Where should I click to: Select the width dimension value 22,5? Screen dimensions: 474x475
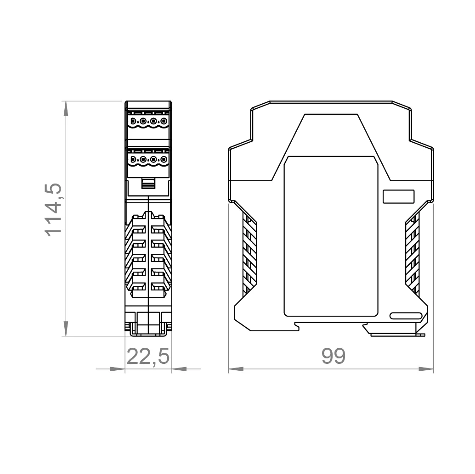[148, 357]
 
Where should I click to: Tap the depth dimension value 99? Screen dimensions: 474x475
[333, 357]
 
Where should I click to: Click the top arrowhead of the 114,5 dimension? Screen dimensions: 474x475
[66, 108]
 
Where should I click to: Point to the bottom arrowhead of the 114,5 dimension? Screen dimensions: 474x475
[66, 329]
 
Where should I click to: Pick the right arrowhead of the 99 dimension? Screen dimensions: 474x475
[426, 368]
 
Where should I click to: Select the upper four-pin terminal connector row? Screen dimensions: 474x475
[148, 122]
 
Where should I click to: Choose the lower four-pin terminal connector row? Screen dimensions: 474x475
[148, 160]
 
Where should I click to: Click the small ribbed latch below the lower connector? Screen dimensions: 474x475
[148, 184]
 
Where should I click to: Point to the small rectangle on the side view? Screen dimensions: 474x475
[399, 196]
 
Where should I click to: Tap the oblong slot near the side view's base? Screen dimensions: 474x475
[406, 316]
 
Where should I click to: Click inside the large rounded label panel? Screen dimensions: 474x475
[331, 236]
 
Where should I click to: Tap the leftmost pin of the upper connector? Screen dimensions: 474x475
[133, 122]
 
